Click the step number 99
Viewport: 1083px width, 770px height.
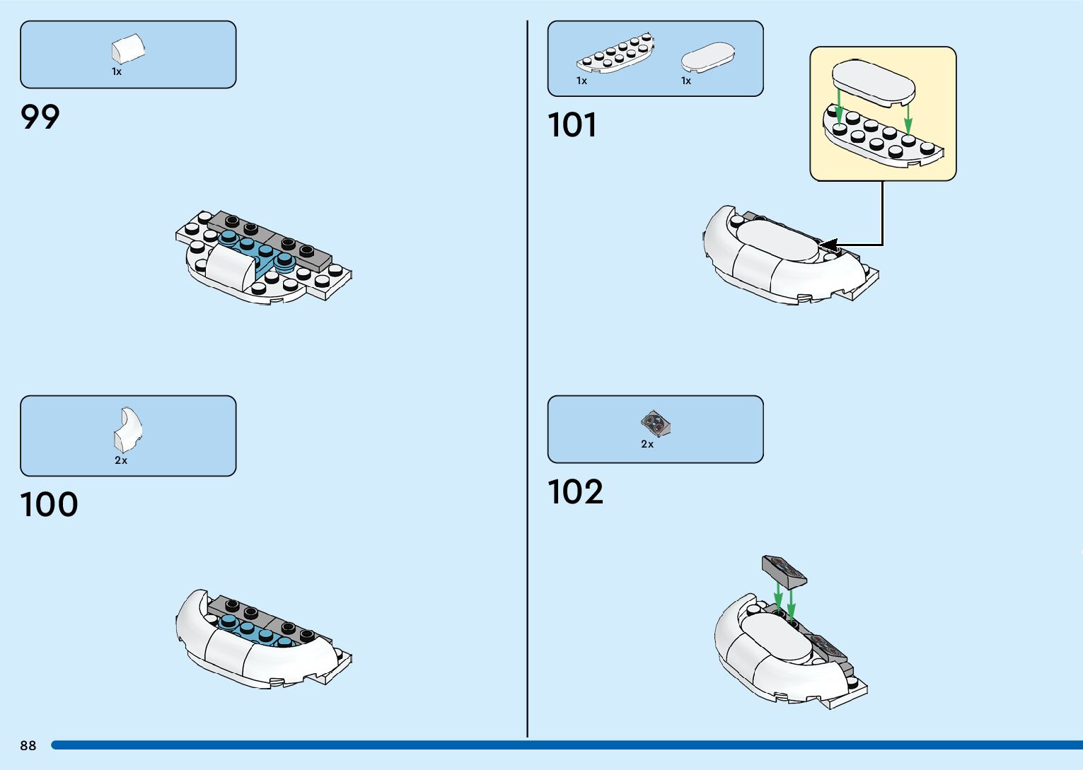[x=40, y=117]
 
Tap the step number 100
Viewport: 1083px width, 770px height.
[x=49, y=504]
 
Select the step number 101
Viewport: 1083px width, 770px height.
[x=572, y=125]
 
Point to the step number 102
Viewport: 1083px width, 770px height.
[x=575, y=491]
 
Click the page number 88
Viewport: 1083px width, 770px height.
[x=28, y=745]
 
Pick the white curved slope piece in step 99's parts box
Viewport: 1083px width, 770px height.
[x=128, y=49]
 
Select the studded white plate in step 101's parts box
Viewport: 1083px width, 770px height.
[x=615, y=54]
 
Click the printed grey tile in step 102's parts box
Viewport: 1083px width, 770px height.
[x=656, y=424]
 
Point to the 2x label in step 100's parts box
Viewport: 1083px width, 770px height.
[x=121, y=460]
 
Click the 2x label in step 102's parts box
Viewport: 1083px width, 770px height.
[x=647, y=444]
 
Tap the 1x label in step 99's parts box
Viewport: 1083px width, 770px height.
[x=117, y=71]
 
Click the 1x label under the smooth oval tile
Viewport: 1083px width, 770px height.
[x=686, y=81]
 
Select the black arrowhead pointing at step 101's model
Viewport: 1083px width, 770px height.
[x=828, y=245]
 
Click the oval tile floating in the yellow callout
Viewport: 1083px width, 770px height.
[x=874, y=82]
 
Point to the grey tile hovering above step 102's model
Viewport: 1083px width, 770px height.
[x=784, y=571]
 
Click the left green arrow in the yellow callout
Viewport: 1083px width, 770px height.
[x=839, y=106]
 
